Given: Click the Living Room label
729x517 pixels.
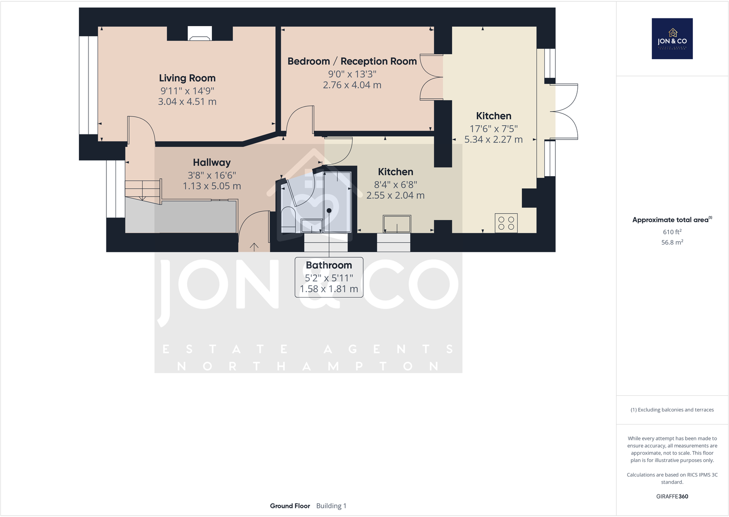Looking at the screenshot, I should tap(187, 78).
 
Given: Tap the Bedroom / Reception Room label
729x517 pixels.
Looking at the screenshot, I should tap(352, 61).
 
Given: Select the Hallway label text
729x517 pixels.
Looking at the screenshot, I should tap(211, 162).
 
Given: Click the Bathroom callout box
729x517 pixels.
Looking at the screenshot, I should tap(329, 277).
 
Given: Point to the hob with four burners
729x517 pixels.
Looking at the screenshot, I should tap(506, 223).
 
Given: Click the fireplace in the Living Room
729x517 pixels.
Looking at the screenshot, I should tap(200, 33).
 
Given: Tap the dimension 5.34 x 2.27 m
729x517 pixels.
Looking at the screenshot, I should tap(493, 139).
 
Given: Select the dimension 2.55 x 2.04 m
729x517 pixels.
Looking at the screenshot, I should tap(395, 195).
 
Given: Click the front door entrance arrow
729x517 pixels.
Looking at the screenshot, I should tap(254, 247).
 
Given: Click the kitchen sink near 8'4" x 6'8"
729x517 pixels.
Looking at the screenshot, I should tap(397, 224).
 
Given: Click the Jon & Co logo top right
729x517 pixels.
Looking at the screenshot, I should tap(672, 39).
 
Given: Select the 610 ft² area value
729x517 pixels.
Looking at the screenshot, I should tap(672, 232).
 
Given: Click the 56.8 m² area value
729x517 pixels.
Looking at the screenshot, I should tap(672, 242).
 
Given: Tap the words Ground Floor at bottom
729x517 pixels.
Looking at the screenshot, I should tap(290, 506).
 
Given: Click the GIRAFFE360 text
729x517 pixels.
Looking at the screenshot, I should tap(672, 496).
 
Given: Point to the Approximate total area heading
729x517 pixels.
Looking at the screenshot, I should tap(670, 220).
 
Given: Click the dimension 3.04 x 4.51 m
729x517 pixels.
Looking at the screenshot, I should tap(187, 102).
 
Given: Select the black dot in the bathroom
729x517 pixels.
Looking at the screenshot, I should tap(329, 211).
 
